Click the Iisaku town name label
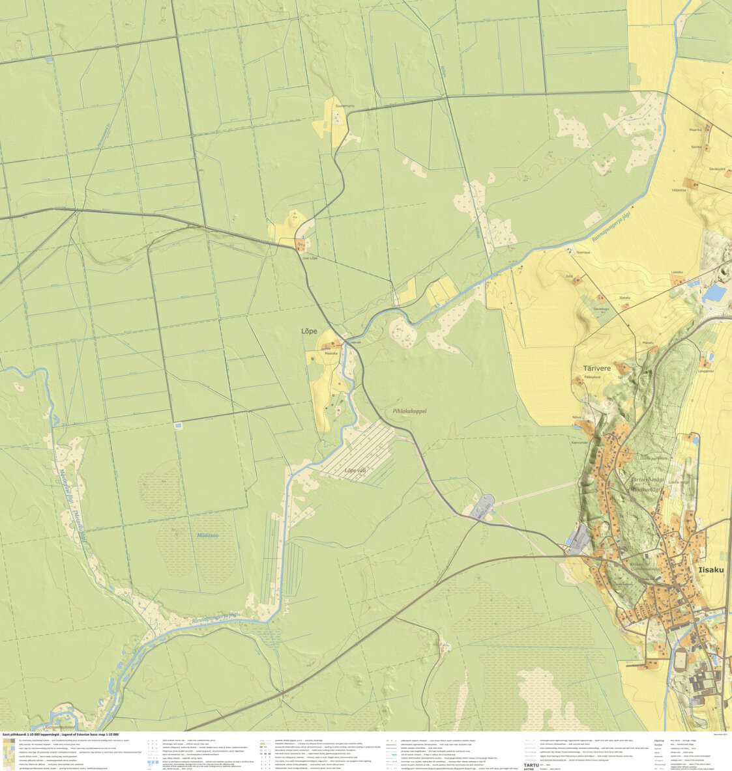pos(710,570)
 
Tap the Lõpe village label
pos(309,331)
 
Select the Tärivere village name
pos(592,367)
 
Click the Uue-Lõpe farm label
pos(309,258)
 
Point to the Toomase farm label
pos(583,252)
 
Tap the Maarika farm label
pos(695,130)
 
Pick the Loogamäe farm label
pos(706,371)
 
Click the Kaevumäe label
pos(579,442)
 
